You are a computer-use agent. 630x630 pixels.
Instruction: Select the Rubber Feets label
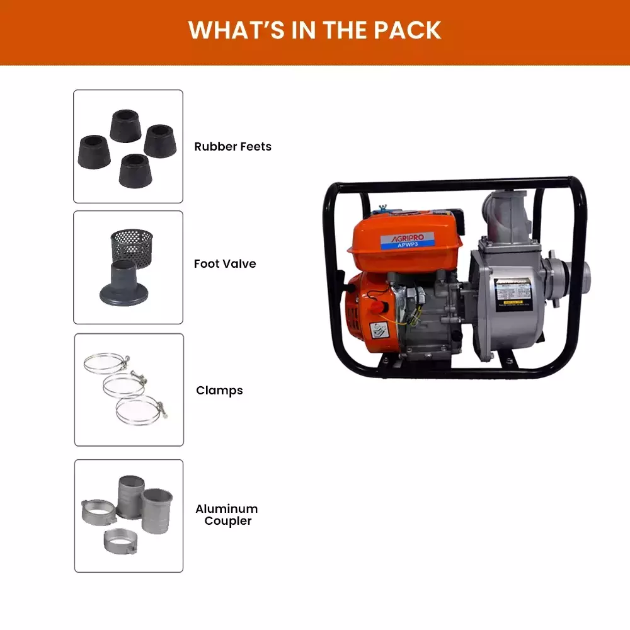click(x=232, y=146)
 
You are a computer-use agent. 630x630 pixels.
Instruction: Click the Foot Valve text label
click(x=225, y=263)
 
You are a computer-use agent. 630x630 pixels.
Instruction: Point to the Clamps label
click(x=219, y=390)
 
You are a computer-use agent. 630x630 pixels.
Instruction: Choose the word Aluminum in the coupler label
click(x=226, y=508)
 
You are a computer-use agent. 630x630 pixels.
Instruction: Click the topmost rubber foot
click(x=125, y=125)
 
